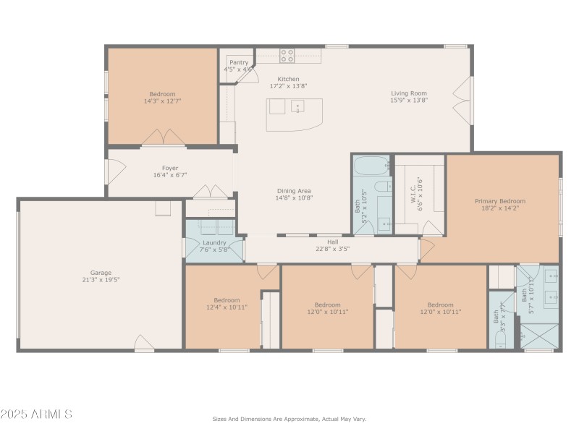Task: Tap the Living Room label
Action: [409, 93]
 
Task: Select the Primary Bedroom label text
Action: [500, 201]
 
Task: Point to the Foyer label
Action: [170, 168]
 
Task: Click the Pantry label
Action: [239, 63]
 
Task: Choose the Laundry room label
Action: [214, 242]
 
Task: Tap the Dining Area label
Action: [294, 190]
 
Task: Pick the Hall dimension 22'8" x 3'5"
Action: [333, 249]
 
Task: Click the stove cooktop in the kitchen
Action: [287, 55]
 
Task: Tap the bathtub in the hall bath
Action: [371, 164]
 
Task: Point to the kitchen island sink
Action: [297, 107]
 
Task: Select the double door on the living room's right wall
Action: [461, 99]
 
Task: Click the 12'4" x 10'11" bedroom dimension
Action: [227, 307]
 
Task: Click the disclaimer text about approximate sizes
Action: [289, 419]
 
